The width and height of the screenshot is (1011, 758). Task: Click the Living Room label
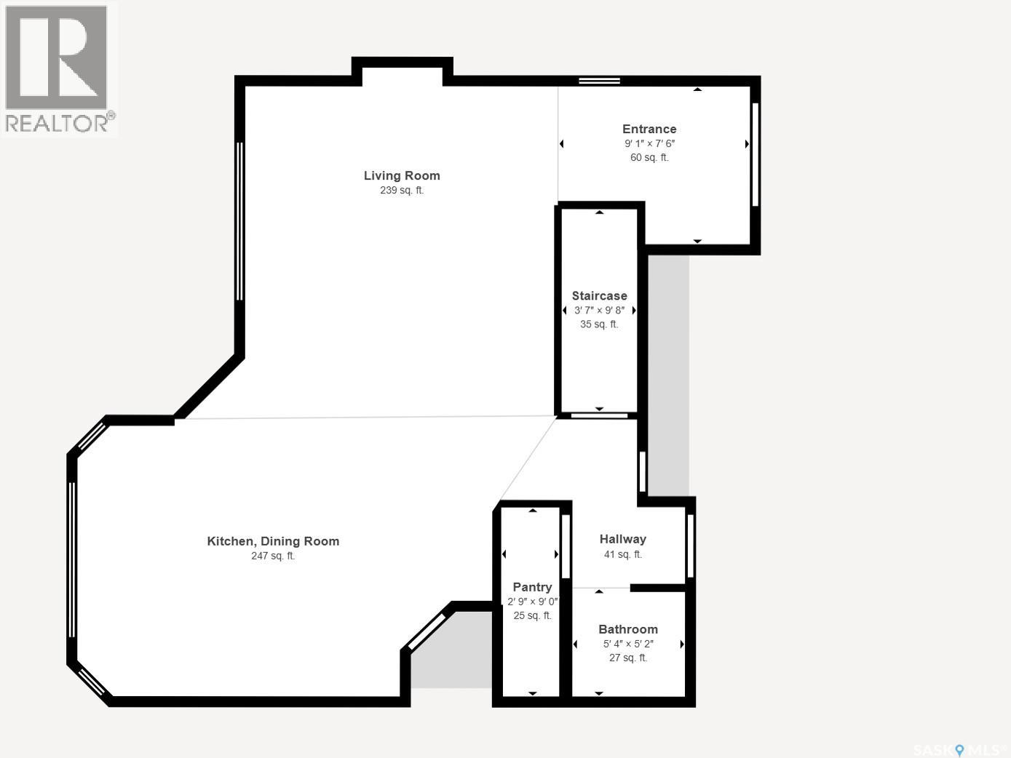402,175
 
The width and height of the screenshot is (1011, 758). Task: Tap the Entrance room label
649,129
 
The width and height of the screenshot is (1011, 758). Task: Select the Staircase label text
599,295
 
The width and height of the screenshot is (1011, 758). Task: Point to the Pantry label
532,587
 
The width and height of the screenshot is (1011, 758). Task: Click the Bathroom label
628,629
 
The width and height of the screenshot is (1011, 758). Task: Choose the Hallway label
623,539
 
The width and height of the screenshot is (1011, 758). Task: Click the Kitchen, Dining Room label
273,541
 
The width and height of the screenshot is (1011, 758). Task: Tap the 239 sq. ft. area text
402,190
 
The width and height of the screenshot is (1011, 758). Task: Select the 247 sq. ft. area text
273,556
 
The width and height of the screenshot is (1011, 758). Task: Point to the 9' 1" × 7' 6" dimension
649,143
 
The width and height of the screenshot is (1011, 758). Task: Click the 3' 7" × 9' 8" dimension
599,310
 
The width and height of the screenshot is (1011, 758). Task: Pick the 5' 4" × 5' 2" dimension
628,644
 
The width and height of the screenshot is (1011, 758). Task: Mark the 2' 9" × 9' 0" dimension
533,602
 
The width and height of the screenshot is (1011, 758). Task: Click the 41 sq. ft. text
623,554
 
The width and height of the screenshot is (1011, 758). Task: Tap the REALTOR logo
59,69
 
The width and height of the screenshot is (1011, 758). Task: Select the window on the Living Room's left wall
239,221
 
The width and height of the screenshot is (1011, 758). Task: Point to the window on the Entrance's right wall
756,154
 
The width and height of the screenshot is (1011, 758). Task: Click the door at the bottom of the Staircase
599,415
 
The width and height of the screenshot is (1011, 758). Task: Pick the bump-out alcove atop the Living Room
402,72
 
